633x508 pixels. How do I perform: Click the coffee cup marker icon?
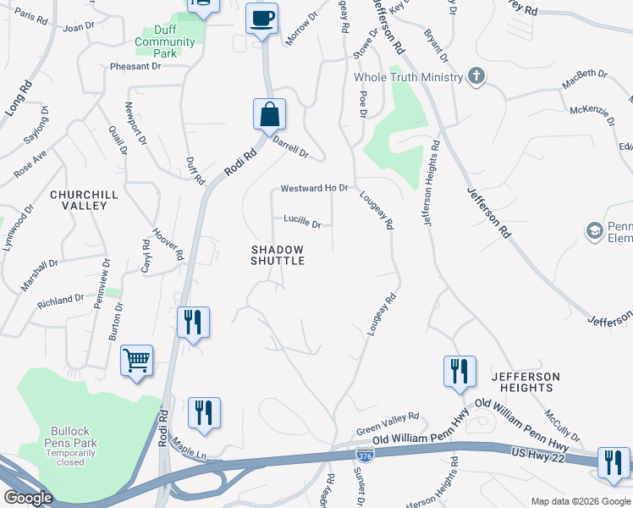point(262,18)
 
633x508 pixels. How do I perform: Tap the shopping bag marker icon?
point(269,114)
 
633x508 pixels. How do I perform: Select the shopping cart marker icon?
point(136,362)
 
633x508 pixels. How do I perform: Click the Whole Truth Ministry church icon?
point(476,77)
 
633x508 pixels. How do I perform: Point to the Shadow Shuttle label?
point(278,255)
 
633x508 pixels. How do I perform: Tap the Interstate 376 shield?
point(364,456)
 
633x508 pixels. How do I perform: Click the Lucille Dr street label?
point(302,224)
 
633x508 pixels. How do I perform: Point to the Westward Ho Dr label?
point(314,188)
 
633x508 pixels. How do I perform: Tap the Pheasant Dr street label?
point(135,66)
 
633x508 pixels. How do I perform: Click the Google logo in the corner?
point(28,498)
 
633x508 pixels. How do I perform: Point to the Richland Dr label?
point(61,299)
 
